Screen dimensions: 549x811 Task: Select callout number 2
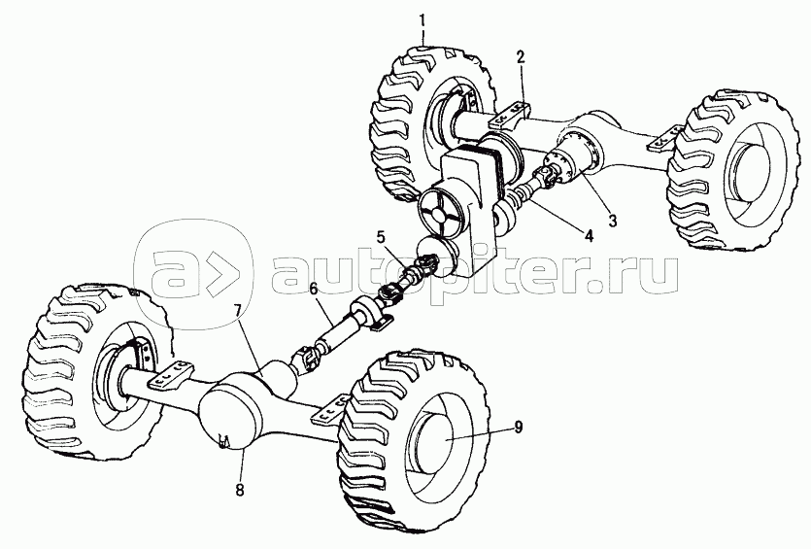pos(521,57)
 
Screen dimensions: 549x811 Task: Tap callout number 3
pos(612,221)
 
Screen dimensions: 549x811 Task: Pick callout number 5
pos(382,235)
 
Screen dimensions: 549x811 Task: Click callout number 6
pos(313,290)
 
